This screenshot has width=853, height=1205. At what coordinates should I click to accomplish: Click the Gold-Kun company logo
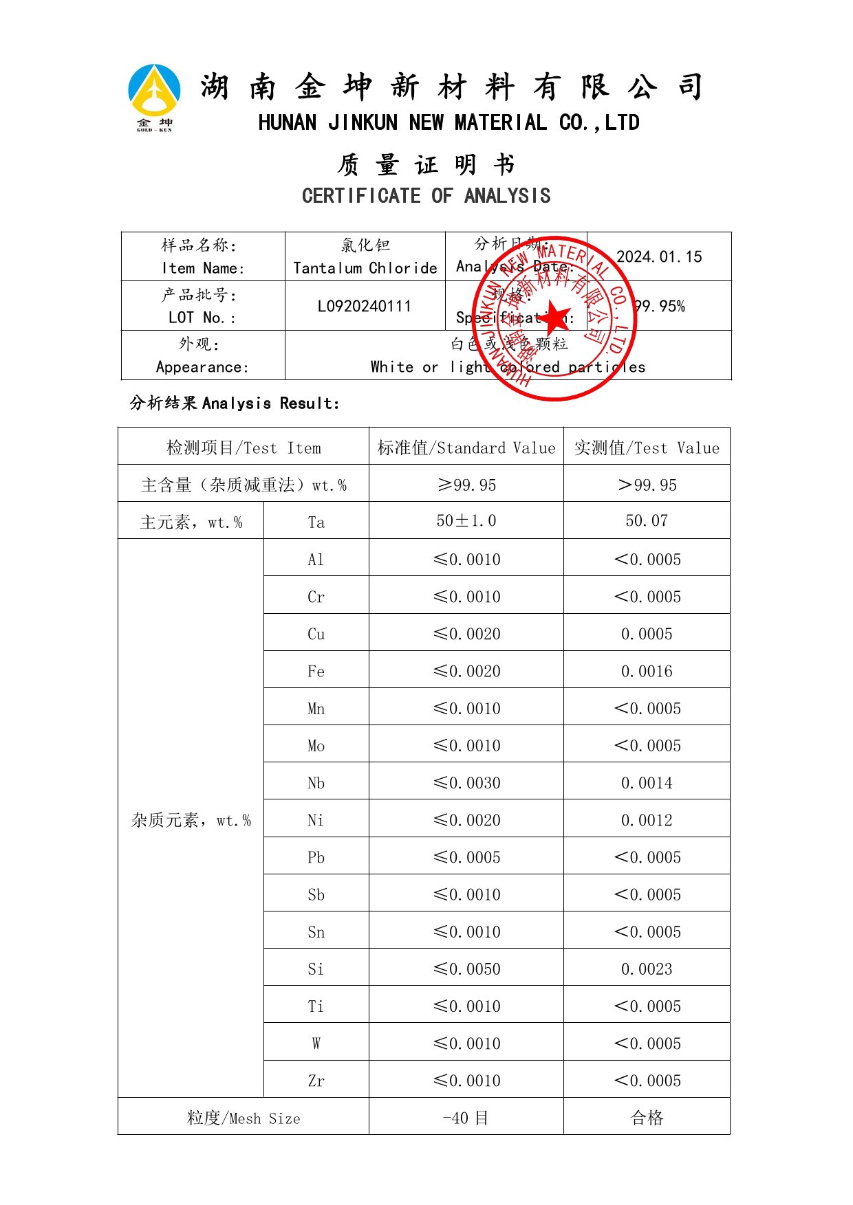154,97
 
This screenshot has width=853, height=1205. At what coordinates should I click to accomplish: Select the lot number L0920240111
365,306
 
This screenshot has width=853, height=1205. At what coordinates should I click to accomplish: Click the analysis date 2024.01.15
659,257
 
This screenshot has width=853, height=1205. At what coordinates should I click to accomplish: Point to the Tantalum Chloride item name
365,268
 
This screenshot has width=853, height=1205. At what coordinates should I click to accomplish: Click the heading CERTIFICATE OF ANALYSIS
426,196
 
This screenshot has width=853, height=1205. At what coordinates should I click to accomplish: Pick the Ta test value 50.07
647,521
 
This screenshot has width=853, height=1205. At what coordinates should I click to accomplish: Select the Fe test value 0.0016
647,672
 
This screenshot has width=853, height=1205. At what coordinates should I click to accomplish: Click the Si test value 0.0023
647,969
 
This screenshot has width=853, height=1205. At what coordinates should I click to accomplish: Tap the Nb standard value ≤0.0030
466,783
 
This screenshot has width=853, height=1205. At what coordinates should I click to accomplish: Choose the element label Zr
316,1081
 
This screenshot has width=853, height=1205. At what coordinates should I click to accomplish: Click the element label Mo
316,746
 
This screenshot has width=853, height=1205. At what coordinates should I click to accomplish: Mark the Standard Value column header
466,448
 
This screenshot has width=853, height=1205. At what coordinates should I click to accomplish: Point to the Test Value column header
647,448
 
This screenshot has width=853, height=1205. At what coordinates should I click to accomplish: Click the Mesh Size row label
244,1118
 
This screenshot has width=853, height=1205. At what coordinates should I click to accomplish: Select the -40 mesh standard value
466,1118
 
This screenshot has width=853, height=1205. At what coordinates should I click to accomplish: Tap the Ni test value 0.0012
647,820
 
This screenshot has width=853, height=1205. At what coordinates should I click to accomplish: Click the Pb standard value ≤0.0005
466,858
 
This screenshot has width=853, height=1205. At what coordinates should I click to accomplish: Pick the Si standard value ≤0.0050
466,969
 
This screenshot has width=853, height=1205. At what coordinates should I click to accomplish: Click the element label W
316,1043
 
